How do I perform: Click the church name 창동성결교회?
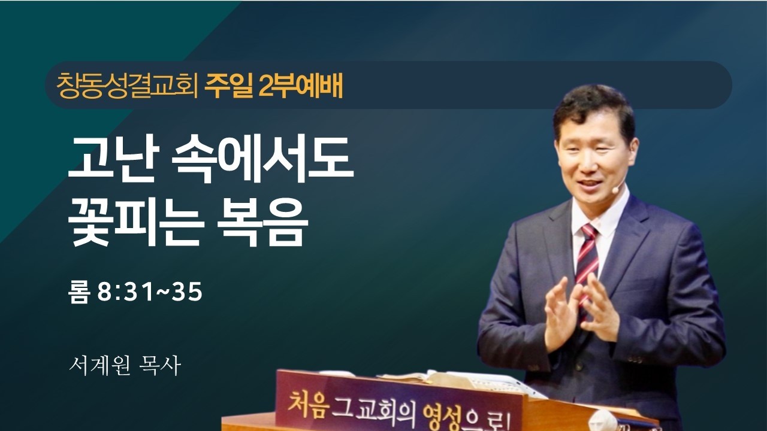127,86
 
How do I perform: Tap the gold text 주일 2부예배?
273,86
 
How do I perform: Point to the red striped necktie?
586,257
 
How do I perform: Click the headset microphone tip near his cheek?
615,189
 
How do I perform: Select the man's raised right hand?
560,311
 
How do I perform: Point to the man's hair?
593,108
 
